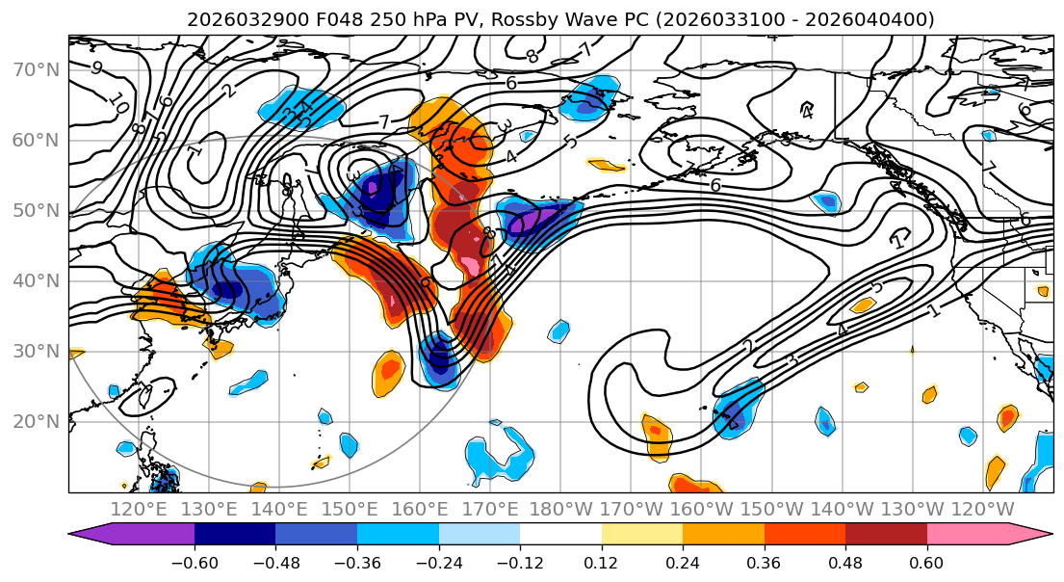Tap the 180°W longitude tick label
tap(562, 509)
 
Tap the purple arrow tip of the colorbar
tap(83, 535)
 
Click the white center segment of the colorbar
tap(560, 535)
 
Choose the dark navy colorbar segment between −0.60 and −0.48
tap(235, 535)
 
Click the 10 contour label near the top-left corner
tap(117, 101)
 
